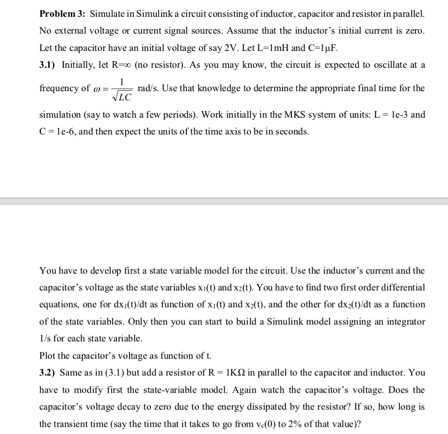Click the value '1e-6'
[60, 131]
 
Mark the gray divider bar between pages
[224, 200]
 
